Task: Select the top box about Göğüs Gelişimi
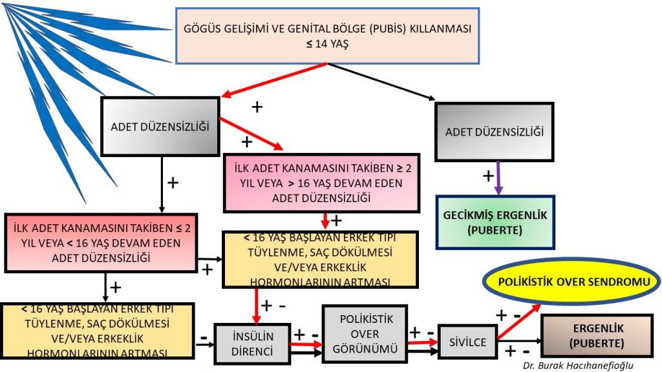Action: (x=328, y=36)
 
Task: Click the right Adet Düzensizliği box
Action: (x=495, y=132)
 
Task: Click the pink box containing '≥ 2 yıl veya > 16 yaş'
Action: (x=321, y=183)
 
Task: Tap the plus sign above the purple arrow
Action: (x=489, y=174)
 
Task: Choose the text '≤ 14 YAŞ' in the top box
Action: (x=328, y=46)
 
